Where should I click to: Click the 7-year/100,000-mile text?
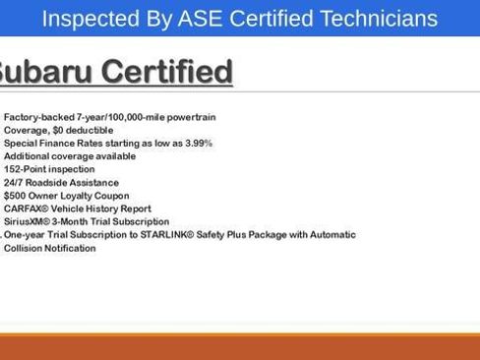120,117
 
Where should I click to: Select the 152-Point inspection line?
49,169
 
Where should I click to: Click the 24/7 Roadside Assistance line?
61,183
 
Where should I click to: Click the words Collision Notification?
50,249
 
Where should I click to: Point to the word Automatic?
332,235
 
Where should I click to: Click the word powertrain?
191,117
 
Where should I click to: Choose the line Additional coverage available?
70,156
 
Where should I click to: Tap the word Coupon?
112,196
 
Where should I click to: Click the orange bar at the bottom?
240,346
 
